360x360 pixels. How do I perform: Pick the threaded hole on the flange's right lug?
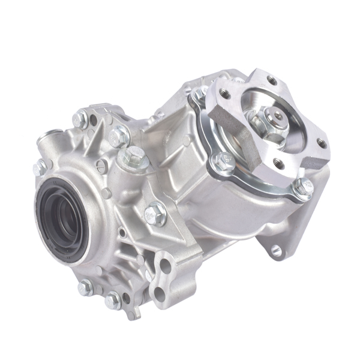[322, 143]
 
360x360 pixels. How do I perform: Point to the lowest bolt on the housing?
[112, 298]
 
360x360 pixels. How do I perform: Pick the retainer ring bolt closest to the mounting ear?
[302, 188]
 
